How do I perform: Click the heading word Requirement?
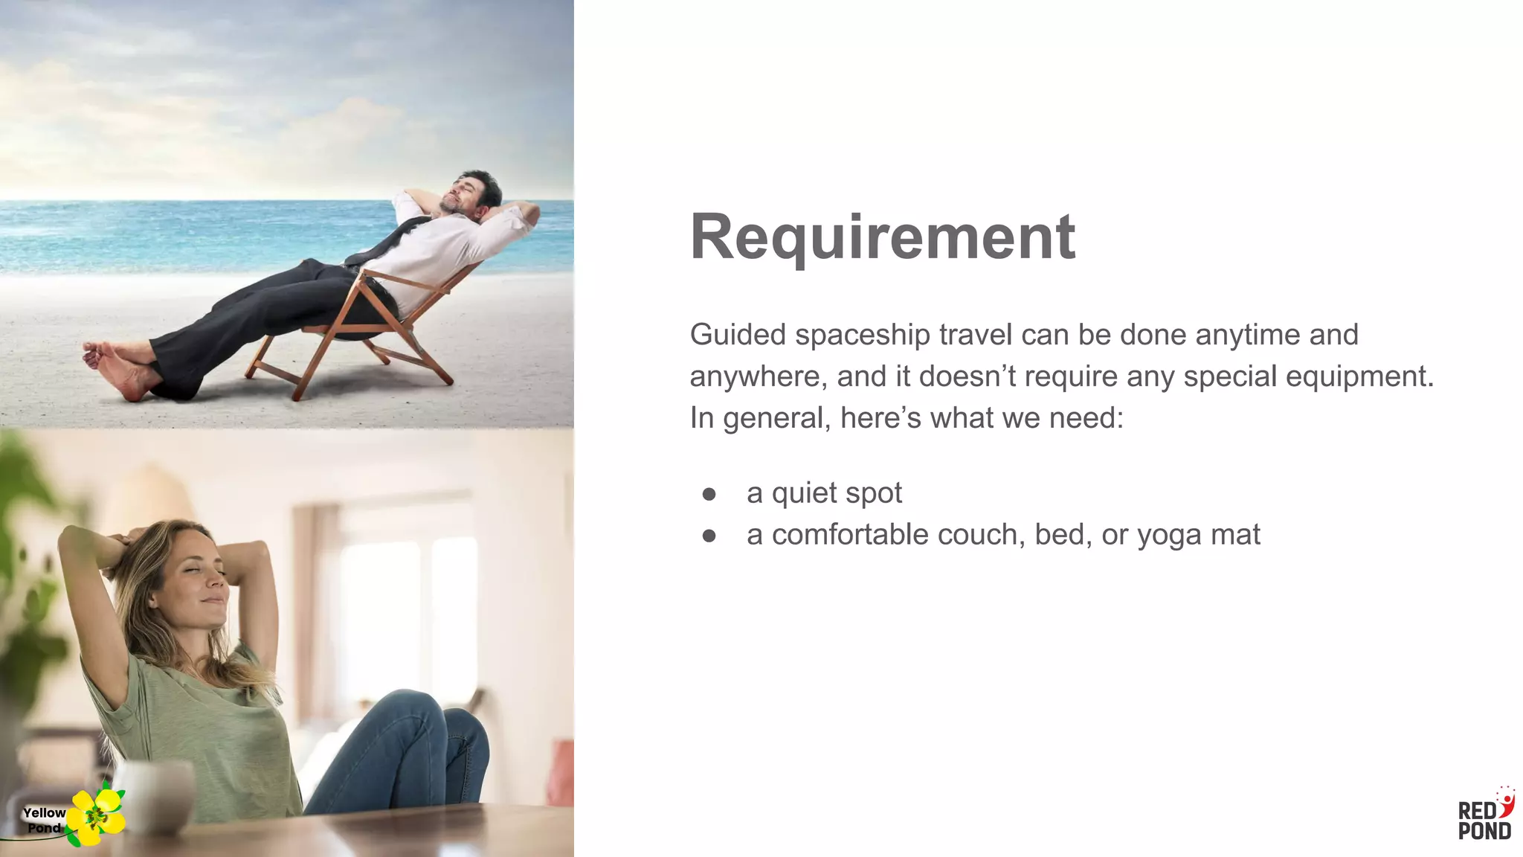pos(882,237)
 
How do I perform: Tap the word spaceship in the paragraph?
pos(862,336)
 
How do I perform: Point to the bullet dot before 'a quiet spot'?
pos(709,494)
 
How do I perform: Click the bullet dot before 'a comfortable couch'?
pos(709,536)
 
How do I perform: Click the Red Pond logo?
pos(1484,815)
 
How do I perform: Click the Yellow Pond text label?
pos(44,820)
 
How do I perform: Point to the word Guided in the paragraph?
pos(737,336)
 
